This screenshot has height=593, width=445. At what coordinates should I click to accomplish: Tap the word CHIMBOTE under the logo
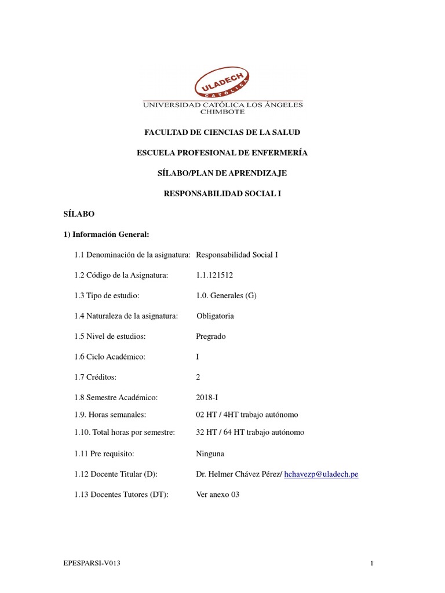222,112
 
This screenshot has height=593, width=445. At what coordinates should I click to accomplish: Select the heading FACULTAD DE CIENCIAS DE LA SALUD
222,133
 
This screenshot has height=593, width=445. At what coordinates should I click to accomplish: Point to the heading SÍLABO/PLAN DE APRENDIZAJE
222,173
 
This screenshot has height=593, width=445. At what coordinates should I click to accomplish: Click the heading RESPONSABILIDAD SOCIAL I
222,193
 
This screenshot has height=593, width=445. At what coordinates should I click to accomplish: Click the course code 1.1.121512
215,275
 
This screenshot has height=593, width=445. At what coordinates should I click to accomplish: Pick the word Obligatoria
216,316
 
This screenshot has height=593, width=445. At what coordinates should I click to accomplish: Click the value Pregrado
211,336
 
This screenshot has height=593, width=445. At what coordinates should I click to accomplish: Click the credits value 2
198,377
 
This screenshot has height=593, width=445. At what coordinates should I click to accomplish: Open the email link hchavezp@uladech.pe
321,474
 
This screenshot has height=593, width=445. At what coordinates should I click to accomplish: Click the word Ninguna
210,453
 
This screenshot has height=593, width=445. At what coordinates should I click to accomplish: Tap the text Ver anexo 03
218,495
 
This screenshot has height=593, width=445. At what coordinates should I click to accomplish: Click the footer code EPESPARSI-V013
92,563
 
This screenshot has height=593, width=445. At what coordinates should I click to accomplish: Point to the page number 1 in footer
372,563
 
